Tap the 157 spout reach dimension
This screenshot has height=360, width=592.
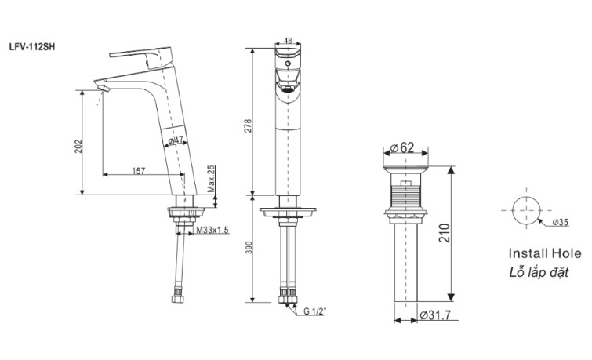click(137, 170)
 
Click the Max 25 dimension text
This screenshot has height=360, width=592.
click(212, 180)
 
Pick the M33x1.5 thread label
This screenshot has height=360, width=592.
click(212, 229)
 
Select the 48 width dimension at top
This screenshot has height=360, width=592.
click(288, 41)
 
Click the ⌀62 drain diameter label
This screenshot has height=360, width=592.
click(402, 147)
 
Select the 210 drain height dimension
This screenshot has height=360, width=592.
click(443, 233)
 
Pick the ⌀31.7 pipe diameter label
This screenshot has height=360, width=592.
click(435, 316)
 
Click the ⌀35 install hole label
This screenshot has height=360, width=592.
click(560, 223)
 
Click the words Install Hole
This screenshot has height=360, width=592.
click(545, 254)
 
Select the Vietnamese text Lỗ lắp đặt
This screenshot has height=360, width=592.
click(538, 272)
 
